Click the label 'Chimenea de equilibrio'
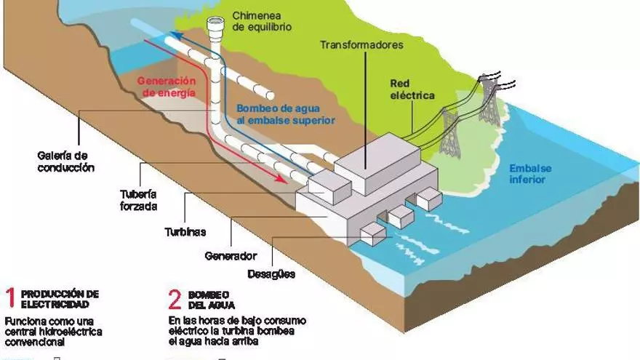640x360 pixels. point(262,21)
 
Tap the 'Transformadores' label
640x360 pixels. point(361,45)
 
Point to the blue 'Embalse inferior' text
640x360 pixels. point(530,174)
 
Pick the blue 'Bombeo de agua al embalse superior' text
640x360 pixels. point(286,114)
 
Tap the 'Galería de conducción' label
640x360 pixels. point(66,161)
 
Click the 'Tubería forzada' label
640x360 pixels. point(137,199)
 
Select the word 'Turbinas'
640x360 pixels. point(183,232)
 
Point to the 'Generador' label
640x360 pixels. point(231,256)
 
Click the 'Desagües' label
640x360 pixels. point(271,274)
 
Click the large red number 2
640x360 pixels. point(175,299)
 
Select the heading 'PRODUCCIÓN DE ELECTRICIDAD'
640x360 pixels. point(60,299)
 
